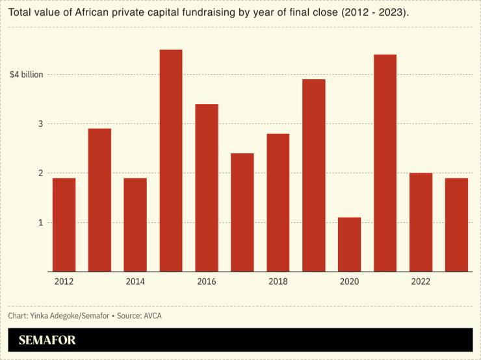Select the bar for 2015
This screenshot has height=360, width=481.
[171, 161]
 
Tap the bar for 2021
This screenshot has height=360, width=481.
[385, 163]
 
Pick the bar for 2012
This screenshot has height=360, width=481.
[64, 225]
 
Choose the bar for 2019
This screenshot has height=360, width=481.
[314, 175]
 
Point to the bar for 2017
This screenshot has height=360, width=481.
[242, 212]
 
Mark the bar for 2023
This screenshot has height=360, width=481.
[456, 225]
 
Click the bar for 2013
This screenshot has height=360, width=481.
[99, 200]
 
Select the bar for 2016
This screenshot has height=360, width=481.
[207, 188]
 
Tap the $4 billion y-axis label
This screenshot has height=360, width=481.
[27, 75]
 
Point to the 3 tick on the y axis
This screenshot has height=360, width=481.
[40, 124]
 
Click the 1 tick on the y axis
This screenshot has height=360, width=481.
[40, 223]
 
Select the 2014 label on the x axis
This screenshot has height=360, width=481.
[135, 281]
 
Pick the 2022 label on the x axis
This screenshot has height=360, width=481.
[421, 281]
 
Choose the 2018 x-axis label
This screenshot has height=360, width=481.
[278, 281]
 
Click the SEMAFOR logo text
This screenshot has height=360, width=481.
[47, 340]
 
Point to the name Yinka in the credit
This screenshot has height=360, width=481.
[41, 316]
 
